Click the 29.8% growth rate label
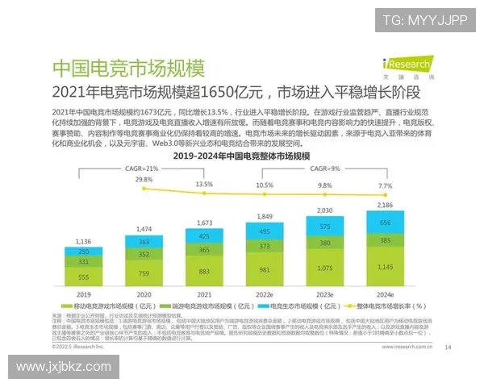(x=144, y=179)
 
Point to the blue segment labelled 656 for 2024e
(x=384, y=223)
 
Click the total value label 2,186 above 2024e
(x=384, y=206)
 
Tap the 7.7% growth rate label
(x=386, y=185)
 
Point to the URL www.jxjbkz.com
(x=63, y=368)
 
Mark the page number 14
(x=448, y=348)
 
